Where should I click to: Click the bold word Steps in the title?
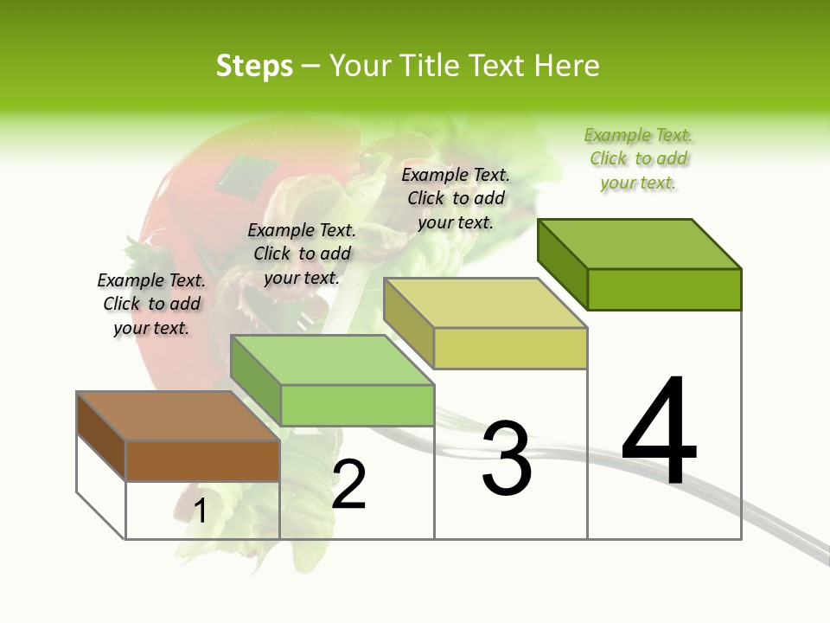pos(254,66)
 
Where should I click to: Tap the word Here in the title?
pos(566,66)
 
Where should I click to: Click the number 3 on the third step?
pos(507,459)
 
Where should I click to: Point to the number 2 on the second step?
pos(349,485)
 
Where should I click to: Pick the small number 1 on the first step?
pos(200,511)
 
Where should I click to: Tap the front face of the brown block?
pos(202,460)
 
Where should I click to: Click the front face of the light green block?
pos(357,405)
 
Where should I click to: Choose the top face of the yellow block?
pos(485,303)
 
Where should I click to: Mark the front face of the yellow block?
pos(510,348)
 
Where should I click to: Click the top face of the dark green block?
pos(640,244)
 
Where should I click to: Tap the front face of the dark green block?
pos(664,289)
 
